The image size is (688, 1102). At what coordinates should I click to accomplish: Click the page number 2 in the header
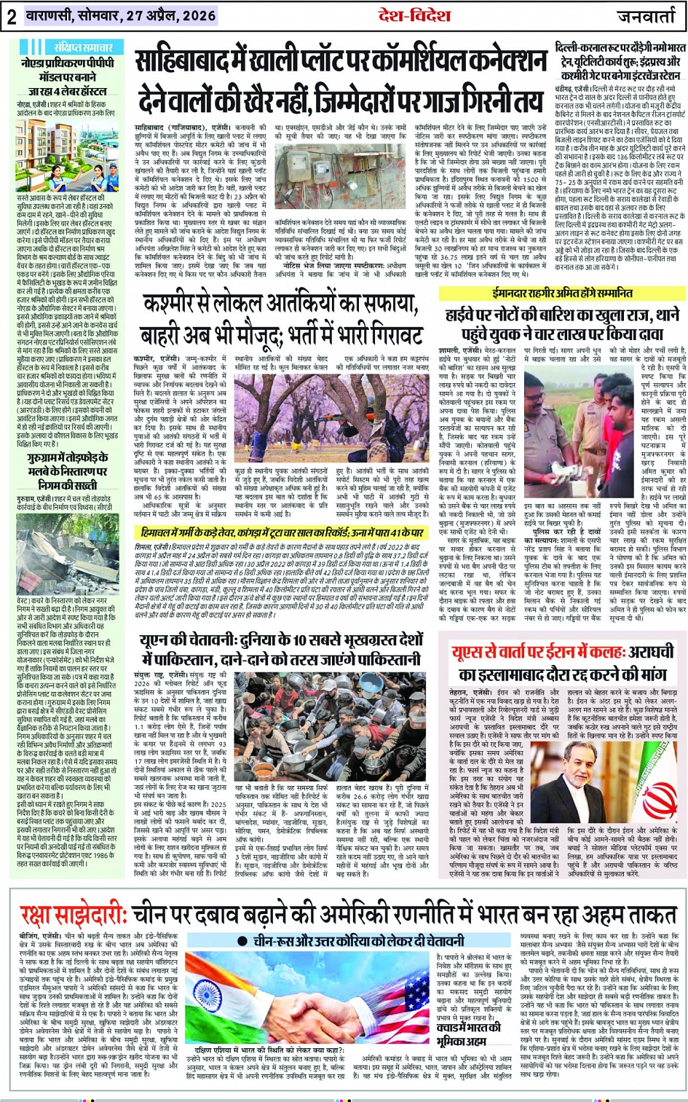[11, 17]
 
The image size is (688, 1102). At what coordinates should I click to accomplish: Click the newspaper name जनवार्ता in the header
[646, 17]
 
